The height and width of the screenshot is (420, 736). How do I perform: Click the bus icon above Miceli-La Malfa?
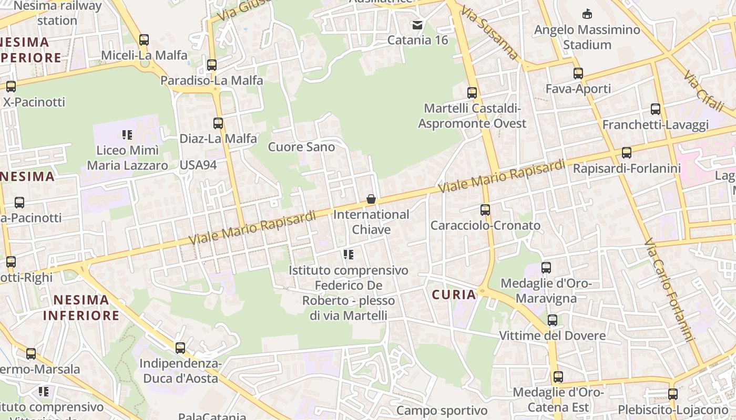pyautogui.click(x=144, y=39)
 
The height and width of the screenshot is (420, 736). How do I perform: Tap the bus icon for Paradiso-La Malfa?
pyautogui.click(x=212, y=65)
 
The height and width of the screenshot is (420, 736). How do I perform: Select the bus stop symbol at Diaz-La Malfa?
pyautogui.click(x=218, y=123)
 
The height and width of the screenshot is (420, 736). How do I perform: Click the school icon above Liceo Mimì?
pyautogui.click(x=127, y=135)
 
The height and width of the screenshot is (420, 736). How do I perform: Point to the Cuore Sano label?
pyautogui.click(x=301, y=147)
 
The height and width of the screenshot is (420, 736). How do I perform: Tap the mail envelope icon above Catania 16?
pyautogui.click(x=417, y=25)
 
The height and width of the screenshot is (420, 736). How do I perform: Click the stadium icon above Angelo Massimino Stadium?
pyautogui.click(x=587, y=14)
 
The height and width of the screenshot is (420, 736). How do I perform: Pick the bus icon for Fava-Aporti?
pyautogui.click(x=578, y=73)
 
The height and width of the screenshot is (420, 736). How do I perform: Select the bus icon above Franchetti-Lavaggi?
pyautogui.click(x=656, y=109)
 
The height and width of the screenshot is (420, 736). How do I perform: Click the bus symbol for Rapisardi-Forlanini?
pyautogui.click(x=627, y=153)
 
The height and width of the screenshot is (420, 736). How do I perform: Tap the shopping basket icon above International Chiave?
pyautogui.click(x=371, y=199)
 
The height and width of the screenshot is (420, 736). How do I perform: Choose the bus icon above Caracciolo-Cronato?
pyautogui.click(x=485, y=210)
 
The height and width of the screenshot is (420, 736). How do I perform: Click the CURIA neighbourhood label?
pyautogui.click(x=454, y=295)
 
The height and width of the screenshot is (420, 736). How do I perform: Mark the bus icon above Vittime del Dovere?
pyautogui.click(x=553, y=320)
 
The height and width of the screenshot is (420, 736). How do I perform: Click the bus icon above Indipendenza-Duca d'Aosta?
pyautogui.click(x=180, y=348)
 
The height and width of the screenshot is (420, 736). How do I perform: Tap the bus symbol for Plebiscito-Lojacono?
pyautogui.click(x=673, y=394)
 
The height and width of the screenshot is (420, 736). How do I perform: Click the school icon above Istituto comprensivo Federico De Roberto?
pyautogui.click(x=348, y=255)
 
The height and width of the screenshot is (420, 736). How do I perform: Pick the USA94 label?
pyautogui.click(x=198, y=165)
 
